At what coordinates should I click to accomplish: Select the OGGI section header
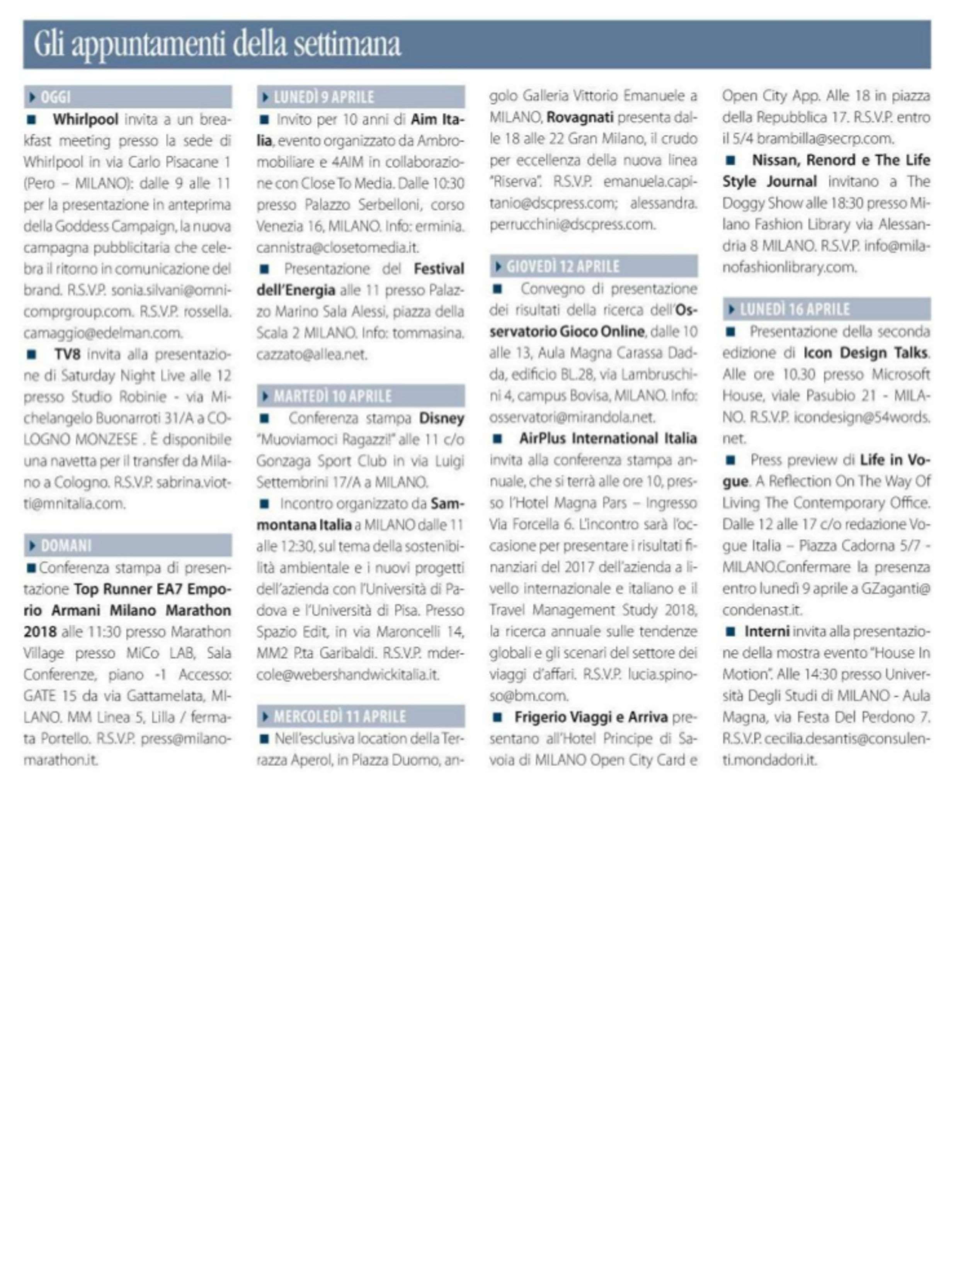[56, 97]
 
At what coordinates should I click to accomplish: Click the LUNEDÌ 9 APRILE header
[323, 97]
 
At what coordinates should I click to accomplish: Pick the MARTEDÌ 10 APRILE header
[332, 396]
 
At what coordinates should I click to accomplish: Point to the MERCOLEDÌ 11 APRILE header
[339, 716]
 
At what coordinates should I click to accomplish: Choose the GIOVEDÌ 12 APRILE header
[562, 266]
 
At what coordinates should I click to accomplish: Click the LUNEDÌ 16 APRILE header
[795, 309]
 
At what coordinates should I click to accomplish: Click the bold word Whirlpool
[85, 120]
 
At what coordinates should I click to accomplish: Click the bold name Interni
[766, 632]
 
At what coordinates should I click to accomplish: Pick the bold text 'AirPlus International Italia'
[607, 438]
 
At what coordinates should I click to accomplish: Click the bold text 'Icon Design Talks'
[865, 352]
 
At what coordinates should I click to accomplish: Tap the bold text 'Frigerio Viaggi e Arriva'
[590, 717]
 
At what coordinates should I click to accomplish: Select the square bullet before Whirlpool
[32, 120]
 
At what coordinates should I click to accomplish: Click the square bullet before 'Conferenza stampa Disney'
[265, 418]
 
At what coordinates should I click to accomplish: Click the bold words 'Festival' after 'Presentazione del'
[439, 269]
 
